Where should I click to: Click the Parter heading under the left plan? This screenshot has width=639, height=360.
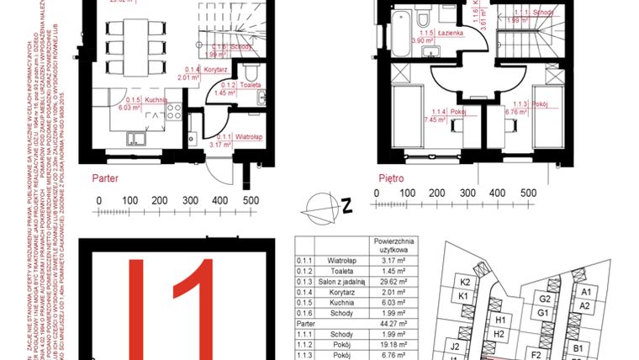105,178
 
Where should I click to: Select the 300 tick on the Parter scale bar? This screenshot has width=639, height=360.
190,200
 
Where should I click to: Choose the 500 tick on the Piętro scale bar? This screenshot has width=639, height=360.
527,193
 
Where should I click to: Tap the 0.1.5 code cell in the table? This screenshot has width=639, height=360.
304,310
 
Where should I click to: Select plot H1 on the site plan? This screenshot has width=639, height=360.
499,320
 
